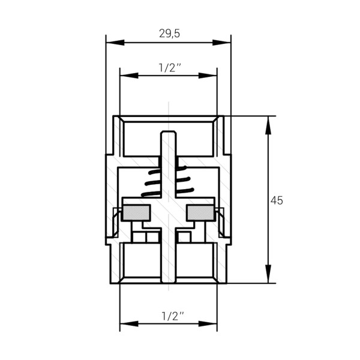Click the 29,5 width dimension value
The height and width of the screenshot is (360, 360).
(169, 34)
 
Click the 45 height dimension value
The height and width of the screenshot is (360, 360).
(277, 200)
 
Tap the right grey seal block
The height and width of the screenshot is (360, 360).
(200, 212)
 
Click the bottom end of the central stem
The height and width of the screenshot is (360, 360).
(169, 280)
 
